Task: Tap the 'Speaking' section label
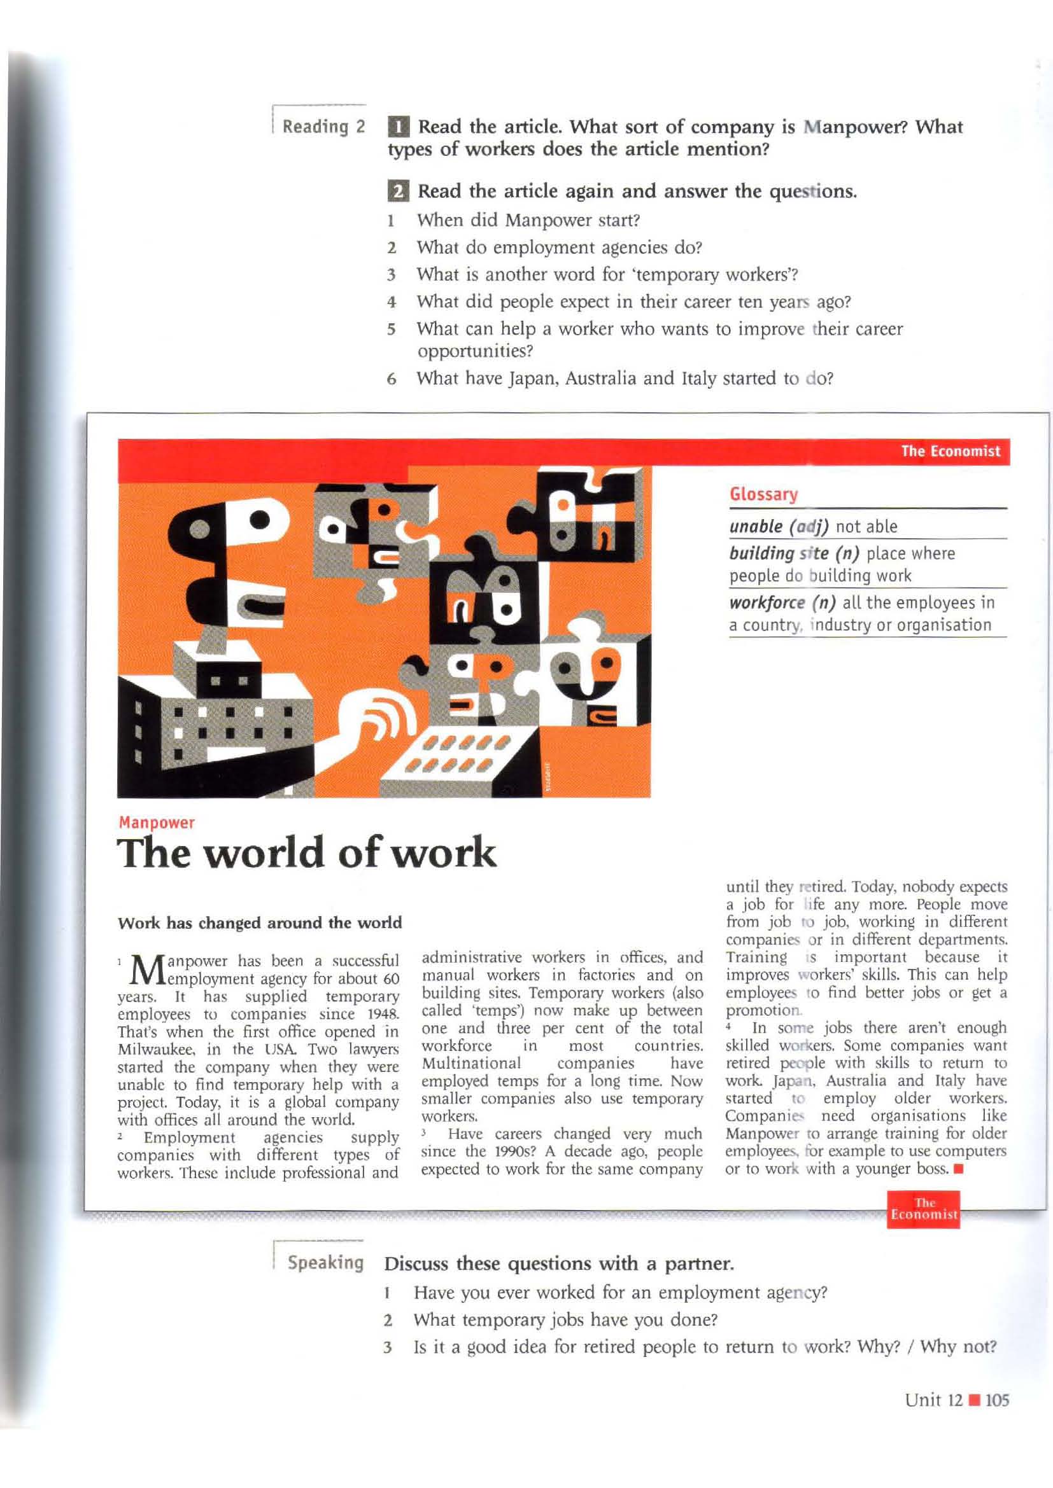click(325, 1262)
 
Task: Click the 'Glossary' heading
click(763, 494)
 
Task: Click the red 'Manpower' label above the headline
click(156, 823)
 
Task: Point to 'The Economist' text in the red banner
click(950, 451)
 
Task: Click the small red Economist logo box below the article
click(923, 1209)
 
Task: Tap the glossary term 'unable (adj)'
click(779, 526)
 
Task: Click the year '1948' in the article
click(381, 1013)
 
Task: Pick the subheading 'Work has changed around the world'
click(259, 923)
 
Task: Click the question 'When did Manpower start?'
click(528, 220)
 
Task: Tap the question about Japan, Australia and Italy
click(625, 378)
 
